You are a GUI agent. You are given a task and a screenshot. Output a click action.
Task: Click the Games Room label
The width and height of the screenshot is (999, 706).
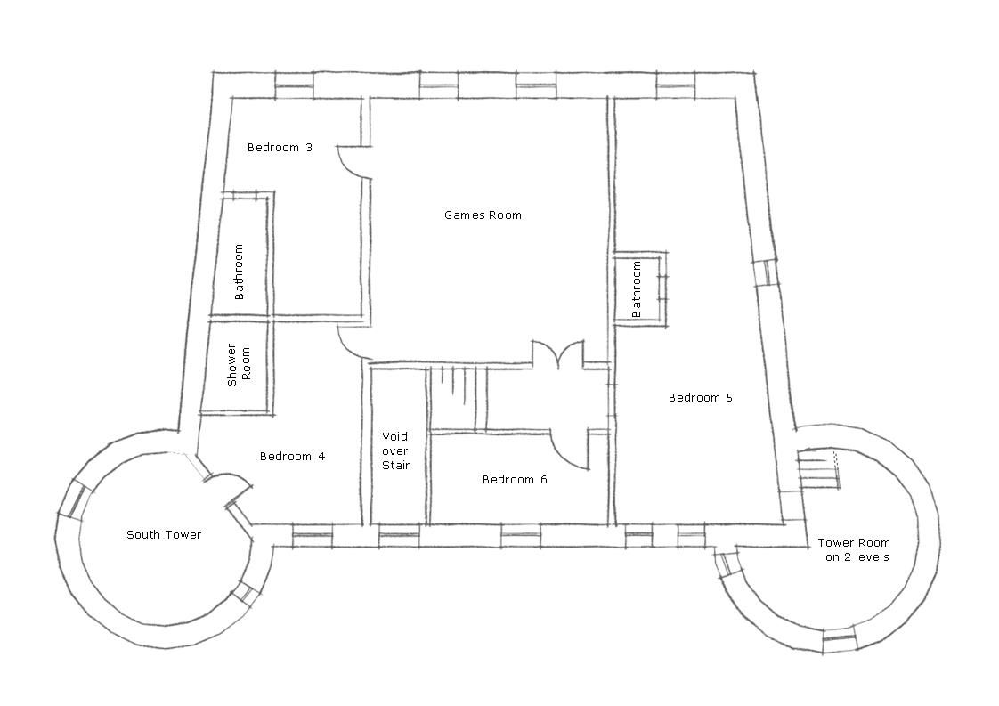(x=483, y=215)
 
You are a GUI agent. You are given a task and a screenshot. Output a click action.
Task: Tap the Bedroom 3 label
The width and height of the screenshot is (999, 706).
(x=280, y=148)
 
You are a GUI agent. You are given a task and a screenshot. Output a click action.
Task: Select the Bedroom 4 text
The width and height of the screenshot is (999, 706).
(x=292, y=456)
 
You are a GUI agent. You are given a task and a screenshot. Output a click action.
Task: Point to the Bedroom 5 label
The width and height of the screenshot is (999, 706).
(x=700, y=398)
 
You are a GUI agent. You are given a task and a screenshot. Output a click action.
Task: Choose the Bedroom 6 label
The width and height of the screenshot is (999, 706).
(x=515, y=479)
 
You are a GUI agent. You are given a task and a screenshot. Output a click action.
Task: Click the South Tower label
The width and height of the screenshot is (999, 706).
(x=164, y=534)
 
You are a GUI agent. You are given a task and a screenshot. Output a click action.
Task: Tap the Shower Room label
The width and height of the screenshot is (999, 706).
(x=239, y=365)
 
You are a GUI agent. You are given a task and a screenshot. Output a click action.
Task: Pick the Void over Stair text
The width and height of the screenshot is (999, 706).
(x=395, y=451)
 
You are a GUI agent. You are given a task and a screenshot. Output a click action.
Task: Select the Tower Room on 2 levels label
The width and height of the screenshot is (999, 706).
(x=854, y=550)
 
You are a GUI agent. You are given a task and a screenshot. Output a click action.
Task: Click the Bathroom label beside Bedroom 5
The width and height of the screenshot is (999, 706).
(x=636, y=289)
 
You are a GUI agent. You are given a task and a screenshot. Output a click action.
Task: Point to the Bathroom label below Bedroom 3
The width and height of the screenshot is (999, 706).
(x=239, y=272)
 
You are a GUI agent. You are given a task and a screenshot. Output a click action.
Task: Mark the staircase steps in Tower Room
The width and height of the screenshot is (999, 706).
(x=817, y=469)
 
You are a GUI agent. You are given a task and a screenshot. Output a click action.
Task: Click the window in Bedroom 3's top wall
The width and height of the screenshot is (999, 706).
(x=295, y=86)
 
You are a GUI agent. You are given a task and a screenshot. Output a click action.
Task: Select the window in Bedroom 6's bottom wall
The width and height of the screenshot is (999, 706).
(x=521, y=536)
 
